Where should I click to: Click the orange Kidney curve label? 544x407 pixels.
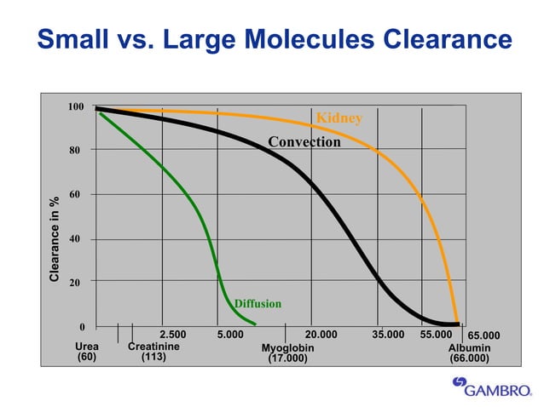[x=339, y=119]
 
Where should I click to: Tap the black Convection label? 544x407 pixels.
[x=304, y=142]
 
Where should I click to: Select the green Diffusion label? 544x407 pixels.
[x=258, y=304]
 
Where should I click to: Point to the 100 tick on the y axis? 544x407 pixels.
[x=76, y=106]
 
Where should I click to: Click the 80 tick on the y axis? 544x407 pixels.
[x=74, y=151]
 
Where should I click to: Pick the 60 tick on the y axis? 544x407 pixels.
[x=74, y=194]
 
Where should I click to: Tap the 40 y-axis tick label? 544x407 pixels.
[x=74, y=238]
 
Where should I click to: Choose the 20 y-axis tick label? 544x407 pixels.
[x=74, y=283]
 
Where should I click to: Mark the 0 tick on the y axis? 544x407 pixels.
[x=82, y=327]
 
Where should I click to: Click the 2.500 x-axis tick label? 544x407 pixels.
[x=173, y=335]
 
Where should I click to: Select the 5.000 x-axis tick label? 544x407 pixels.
[x=230, y=335]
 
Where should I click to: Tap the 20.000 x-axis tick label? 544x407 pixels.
[x=321, y=335]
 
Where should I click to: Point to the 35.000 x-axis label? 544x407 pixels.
[x=388, y=335]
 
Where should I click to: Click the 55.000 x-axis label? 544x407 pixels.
[x=436, y=335]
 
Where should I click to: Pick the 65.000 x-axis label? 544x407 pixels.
[x=483, y=335]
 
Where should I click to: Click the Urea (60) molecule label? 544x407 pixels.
[x=87, y=352]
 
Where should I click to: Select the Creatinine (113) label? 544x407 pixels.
[x=153, y=352]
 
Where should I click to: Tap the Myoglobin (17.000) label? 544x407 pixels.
[x=287, y=353]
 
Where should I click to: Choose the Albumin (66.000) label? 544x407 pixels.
[x=470, y=353]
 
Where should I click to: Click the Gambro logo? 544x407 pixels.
[x=492, y=387]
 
